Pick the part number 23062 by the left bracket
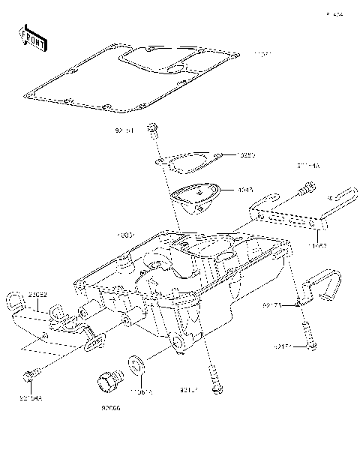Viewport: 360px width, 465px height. (39, 295)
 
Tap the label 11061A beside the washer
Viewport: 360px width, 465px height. (141, 391)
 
